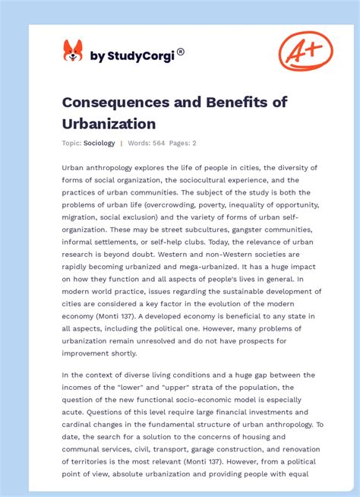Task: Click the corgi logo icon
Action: coord(73,51)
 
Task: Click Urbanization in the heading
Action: coord(109,123)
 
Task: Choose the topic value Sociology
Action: coord(99,143)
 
